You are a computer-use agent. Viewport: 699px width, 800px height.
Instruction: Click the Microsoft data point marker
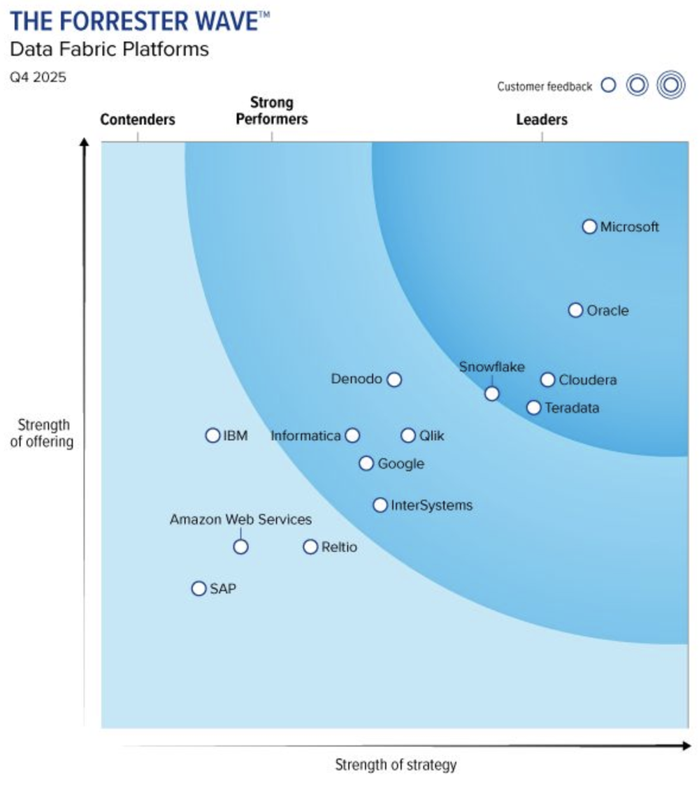(x=589, y=226)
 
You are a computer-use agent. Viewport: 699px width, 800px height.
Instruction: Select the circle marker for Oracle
(x=575, y=310)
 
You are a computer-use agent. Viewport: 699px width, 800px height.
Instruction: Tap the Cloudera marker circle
(x=547, y=380)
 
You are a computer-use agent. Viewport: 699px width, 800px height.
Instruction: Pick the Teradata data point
(x=533, y=407)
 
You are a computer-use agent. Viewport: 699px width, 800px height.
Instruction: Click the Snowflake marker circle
(x=492, y=393)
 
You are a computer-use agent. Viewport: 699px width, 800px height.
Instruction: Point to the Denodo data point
(x=394, y=379)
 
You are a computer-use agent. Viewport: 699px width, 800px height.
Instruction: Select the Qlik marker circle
(x=408, y=435)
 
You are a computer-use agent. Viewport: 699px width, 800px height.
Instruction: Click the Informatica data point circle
(x=352, y=435)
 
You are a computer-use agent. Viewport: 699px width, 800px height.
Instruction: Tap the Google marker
(x=366, y=463)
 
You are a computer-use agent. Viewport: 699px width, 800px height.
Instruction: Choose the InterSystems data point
(x=380, y=504)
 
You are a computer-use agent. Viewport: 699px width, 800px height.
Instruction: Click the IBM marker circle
(x=212, y=435)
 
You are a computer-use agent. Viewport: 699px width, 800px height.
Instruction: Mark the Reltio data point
(x=310, y=546)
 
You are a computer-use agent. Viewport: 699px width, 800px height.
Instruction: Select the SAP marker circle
(x=199, y=588)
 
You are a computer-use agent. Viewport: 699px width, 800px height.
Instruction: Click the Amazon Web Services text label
(x=240, y=520)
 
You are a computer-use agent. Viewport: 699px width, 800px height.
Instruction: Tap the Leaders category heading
(x=542, y=119)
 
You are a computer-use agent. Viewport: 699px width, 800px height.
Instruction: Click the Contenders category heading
(x=138, y=119)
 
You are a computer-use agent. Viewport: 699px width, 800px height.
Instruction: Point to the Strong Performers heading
(x=272, y=111)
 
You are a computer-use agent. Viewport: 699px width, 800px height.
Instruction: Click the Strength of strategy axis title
(x=396, y=764)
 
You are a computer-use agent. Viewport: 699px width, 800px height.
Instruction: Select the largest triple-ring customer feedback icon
(x=670, y=85)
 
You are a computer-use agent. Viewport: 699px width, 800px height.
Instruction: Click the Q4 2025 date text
(x=38, y=78)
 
